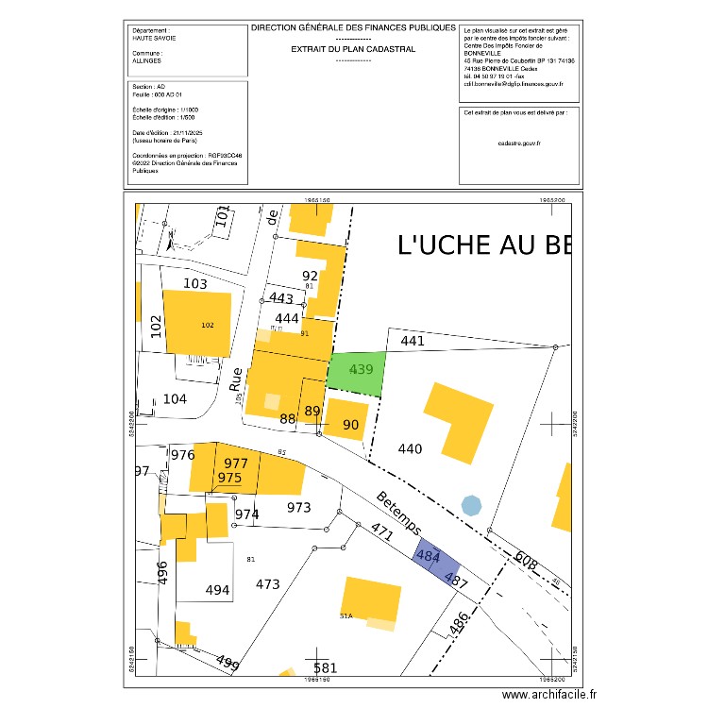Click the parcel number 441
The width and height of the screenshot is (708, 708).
tap(413, 341)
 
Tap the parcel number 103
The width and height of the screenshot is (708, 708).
tap(194, 283)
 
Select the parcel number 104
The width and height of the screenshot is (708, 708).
tap(175, 399)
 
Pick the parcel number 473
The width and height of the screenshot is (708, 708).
tap(268, 584)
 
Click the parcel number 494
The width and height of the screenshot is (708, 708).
tap(218, 591)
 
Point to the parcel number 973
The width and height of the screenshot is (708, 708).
tap(298, 508)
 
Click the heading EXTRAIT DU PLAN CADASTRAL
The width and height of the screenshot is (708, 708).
tap(353, 48)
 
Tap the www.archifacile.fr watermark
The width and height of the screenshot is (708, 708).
tap(550, 695)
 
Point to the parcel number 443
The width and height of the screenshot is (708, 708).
tap(282, 298)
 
